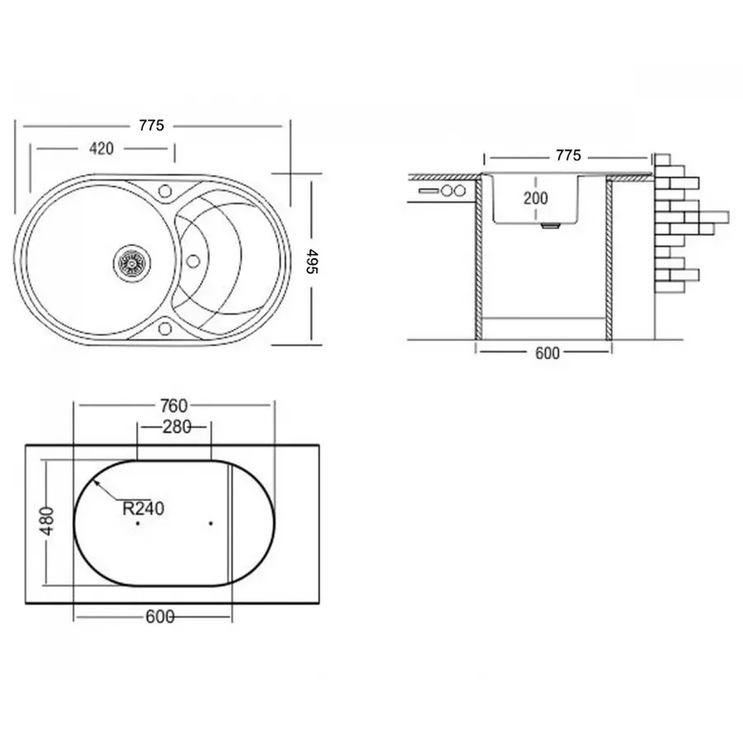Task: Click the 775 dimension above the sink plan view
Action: point(151,125)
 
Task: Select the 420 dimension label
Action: point(101,149)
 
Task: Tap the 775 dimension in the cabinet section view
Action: point(568,155)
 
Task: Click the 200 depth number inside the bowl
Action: point(535,197)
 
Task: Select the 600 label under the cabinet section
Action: point(547,353)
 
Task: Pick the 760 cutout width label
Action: point(173,405)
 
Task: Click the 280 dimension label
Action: point(177,427)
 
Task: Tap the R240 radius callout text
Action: point(144,509)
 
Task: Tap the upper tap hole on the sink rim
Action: point(164,192)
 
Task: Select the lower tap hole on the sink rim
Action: point(164,330)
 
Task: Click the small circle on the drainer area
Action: point(193,261)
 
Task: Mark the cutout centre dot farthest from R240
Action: point(211,523)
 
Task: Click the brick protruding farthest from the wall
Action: point(714,217)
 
